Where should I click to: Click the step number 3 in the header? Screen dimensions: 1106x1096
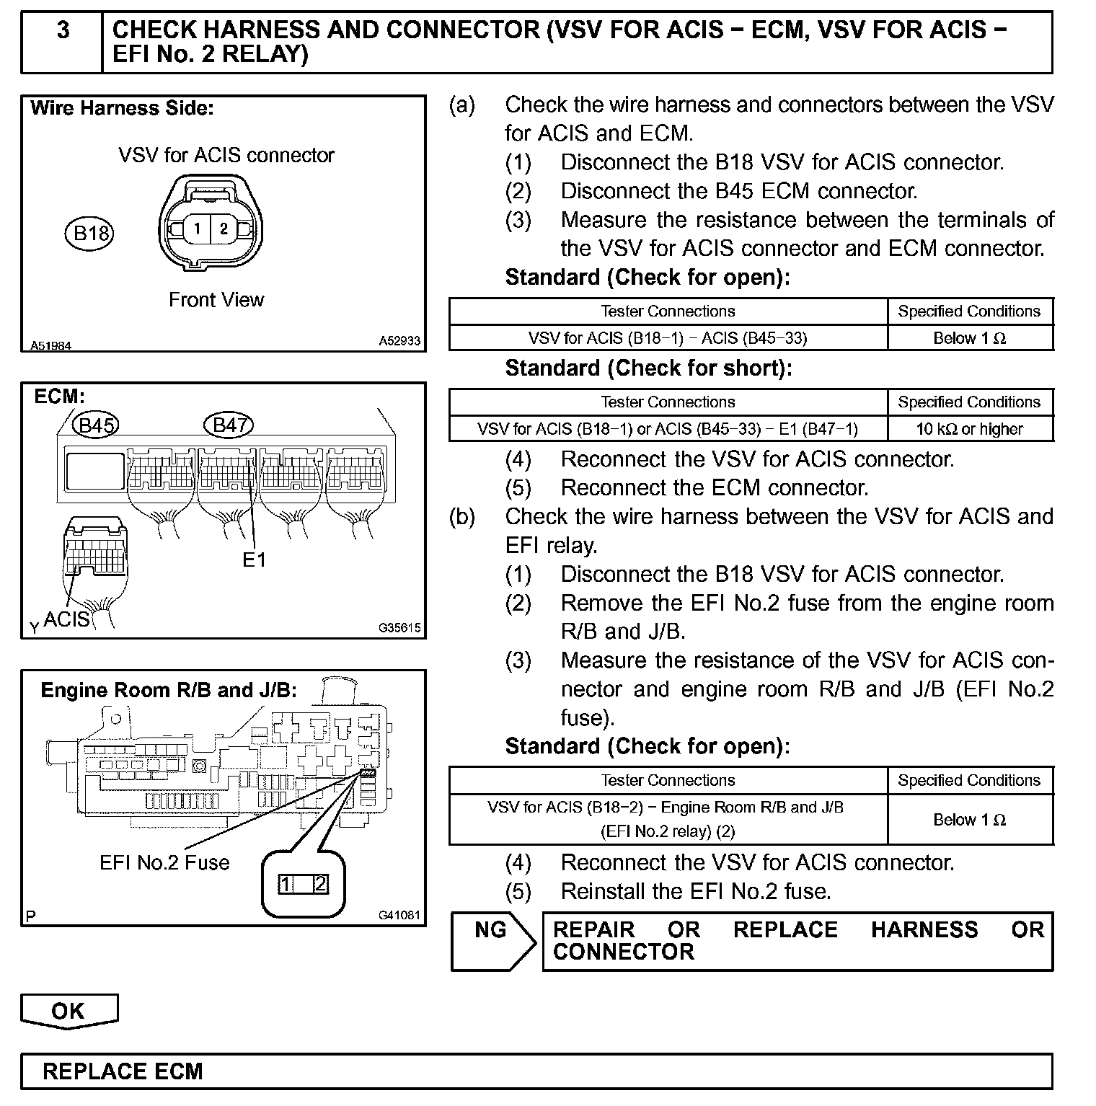(x=63, y=30)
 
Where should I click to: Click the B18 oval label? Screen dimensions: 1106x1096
(x=91, y=233)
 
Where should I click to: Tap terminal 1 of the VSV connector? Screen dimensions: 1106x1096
(x=197, y=229)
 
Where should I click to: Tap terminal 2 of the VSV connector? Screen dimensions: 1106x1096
(x=224, y=229)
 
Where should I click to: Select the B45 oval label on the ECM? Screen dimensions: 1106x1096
(x=97, y=425)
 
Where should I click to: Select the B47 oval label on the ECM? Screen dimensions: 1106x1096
(x=229, y=425)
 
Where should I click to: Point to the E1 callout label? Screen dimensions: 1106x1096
(x=254, y=559)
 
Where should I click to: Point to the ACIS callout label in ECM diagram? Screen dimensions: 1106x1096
(x=66, y=619)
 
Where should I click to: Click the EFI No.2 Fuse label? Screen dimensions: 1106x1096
(x=164, y=862)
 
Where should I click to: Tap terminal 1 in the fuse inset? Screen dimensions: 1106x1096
(x=287, y=884)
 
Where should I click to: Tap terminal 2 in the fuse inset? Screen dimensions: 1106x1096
(x=320, y=884)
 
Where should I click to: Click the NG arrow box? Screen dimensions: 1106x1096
(x=492, y=940)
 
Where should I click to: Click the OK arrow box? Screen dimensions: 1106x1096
(x=68, y=1011)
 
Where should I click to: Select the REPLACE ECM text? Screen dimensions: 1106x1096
(x=123, y=1071)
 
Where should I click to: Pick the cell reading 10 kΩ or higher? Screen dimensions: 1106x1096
(x=970, y=429)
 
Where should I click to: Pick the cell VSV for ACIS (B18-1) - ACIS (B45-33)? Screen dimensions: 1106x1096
(x=668, y=338)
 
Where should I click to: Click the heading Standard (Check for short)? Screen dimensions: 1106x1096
(x=648, y=368)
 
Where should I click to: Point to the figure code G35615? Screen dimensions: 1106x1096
(x=399, y=628)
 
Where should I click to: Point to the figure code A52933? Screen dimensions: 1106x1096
(x=399, y=341)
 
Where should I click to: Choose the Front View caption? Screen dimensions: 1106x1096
(x=216, y=300)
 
